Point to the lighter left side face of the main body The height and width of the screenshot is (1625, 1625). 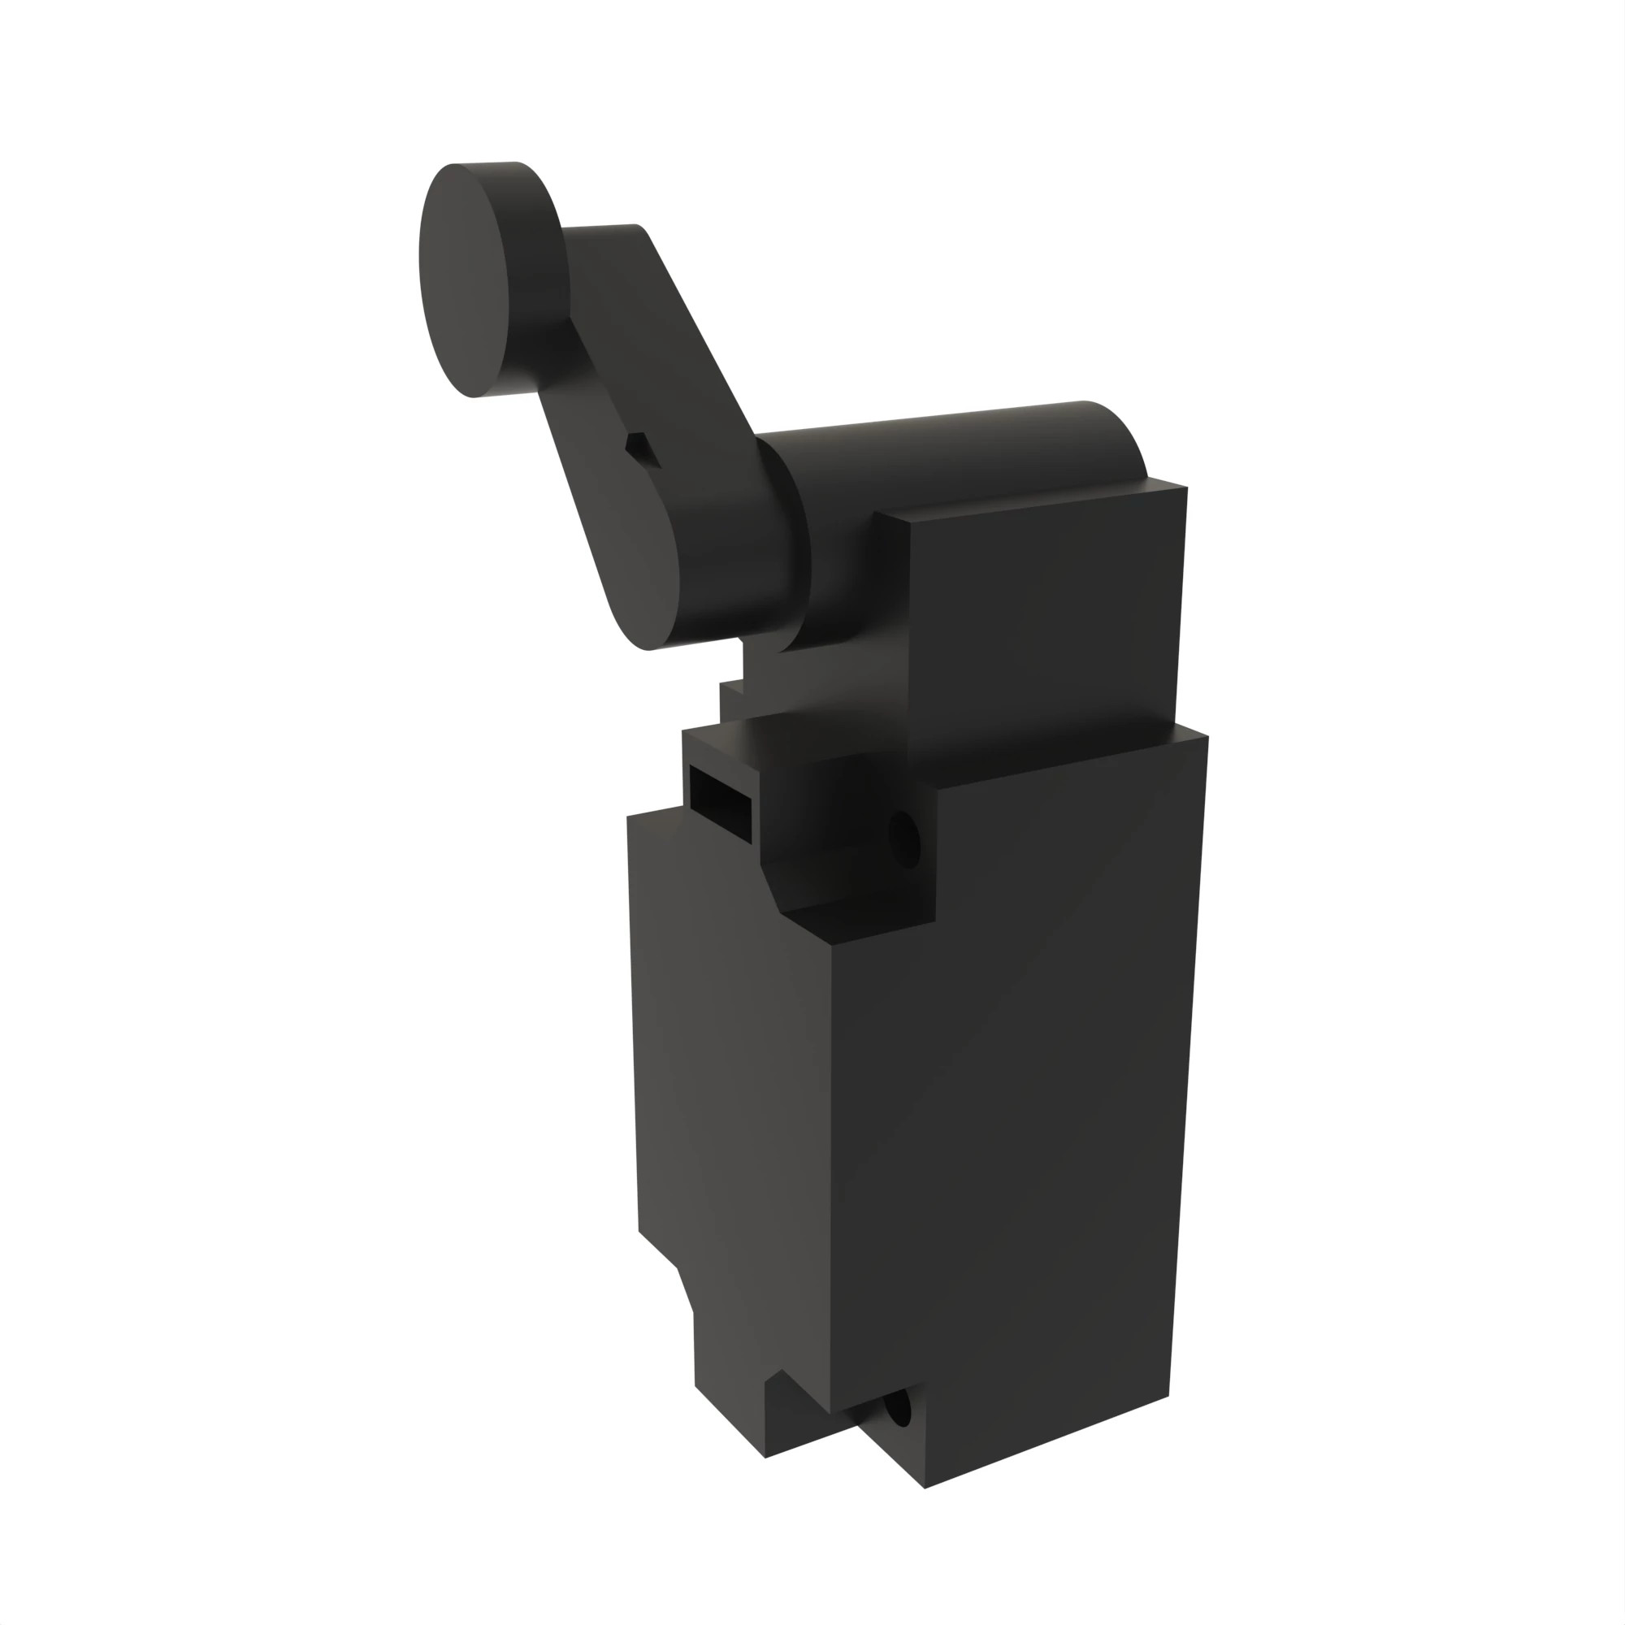pyautogui.click(x=732, y=1094)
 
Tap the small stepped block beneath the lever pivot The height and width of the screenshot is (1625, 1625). pyautogui.click(x=732, y=698)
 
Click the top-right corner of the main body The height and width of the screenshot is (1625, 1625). pyautogui.click(x=1205, y=738)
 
